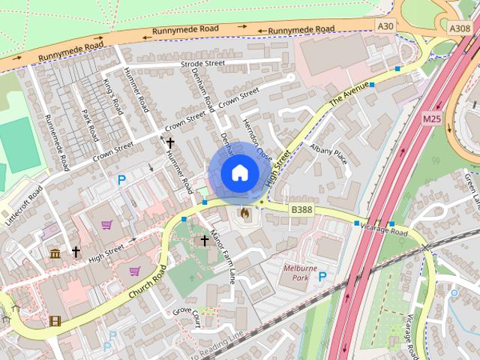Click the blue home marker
click(239, 173)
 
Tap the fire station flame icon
click(244, 214)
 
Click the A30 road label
click(385, 26)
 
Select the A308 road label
click(459, 28)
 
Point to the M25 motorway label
click(432, 118)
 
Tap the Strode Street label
click(202, 64)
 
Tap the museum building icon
click(55, 253)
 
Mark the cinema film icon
click(55, 321)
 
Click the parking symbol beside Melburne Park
click(322, 277)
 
